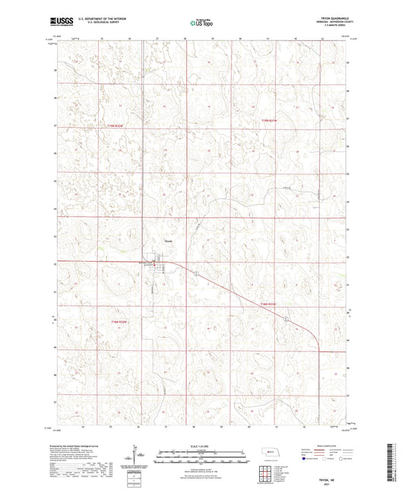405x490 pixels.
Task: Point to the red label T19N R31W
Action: point(271,119)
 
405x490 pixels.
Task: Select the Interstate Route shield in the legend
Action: point(308,459)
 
